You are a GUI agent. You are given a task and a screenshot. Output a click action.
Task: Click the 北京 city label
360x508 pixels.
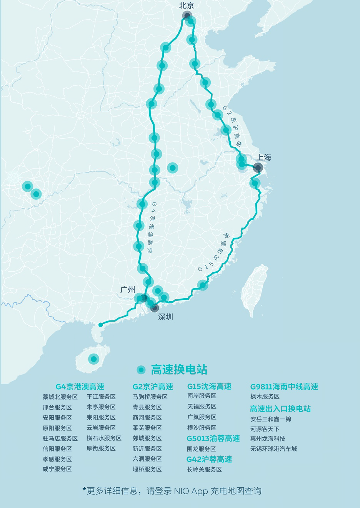[x=187, y=5]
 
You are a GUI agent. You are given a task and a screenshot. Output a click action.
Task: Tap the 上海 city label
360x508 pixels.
[x=264, y=157]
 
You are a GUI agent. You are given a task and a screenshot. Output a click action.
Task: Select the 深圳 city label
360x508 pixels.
[x=165, y=317]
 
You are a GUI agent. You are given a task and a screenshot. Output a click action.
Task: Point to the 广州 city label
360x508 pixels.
[x=128, y=289]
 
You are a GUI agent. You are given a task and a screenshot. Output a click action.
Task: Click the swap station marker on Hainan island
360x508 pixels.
[x=93, y=359]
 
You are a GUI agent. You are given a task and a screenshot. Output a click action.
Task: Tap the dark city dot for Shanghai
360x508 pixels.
[x=258, y=168]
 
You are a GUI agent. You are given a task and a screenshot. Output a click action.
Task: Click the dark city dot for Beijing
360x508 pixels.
[x=187, y=15]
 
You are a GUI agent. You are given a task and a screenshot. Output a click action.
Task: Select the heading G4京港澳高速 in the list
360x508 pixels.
[x=80, y=387]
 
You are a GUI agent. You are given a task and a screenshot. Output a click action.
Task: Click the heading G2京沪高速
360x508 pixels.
[x=153, y=387]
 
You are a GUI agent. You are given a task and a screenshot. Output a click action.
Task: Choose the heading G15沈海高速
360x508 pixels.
[x=209, y=386]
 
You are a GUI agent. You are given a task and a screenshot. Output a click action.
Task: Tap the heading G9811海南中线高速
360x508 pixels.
[x=284, y=387]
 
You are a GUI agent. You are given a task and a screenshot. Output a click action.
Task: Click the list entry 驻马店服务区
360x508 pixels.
[x=60, y=438]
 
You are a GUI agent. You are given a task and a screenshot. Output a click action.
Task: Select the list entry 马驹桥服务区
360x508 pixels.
[x=150, y=397]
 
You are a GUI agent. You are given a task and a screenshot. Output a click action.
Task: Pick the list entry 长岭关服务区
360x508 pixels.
[x=204, y=470]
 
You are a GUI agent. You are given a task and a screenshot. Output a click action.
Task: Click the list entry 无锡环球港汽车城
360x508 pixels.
[x=273, y=449]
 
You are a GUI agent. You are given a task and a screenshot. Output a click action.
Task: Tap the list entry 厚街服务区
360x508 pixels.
[x=101, y=448]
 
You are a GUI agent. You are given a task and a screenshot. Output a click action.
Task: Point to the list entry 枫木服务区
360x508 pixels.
[x=265, y=397]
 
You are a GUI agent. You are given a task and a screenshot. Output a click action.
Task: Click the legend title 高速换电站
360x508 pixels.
[x=179, y=370]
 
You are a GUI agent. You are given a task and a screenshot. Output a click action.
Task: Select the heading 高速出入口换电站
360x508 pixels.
[x=280, y=408]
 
